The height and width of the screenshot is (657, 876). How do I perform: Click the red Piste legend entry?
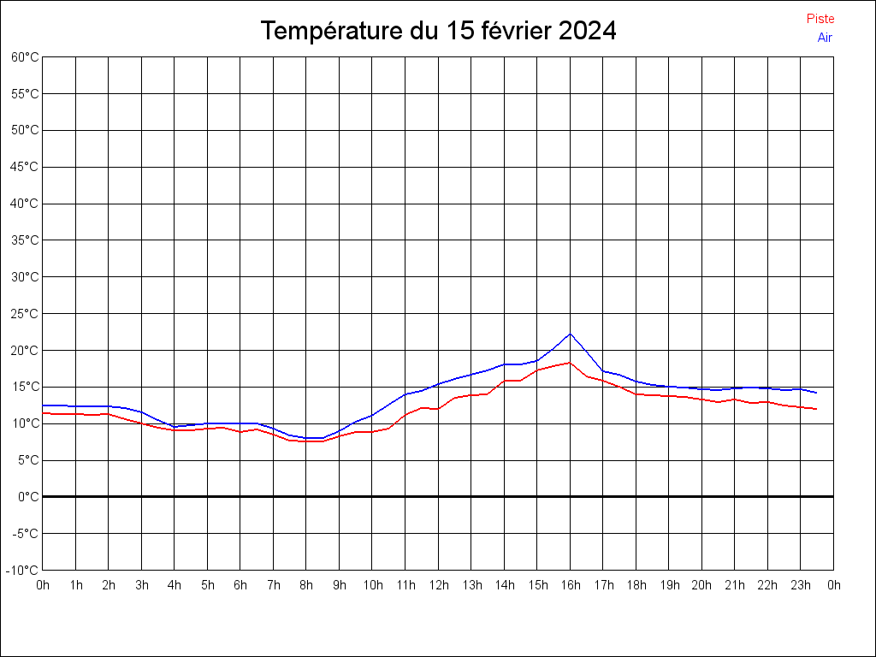820,19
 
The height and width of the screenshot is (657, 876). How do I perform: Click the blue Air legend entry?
825,37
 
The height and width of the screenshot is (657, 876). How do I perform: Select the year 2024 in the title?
587,31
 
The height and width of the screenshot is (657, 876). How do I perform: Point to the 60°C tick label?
25,56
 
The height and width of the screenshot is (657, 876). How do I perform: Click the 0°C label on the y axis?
28,496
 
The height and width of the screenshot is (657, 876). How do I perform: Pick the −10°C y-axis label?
24,570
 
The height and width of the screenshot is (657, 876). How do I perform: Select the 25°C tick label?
25,313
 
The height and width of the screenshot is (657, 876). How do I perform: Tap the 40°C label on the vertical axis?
25,204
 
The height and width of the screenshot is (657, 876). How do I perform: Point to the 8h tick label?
306,585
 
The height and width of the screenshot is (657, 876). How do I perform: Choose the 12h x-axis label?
438,585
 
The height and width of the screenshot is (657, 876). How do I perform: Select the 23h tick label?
801,585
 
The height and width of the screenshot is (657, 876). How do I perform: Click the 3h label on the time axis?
141,585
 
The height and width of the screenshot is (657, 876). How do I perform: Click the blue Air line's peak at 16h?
570,334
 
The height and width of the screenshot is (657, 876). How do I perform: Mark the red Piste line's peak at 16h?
570,363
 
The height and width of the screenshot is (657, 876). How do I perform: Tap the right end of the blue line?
817,393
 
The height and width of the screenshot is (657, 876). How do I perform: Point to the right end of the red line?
817,409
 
